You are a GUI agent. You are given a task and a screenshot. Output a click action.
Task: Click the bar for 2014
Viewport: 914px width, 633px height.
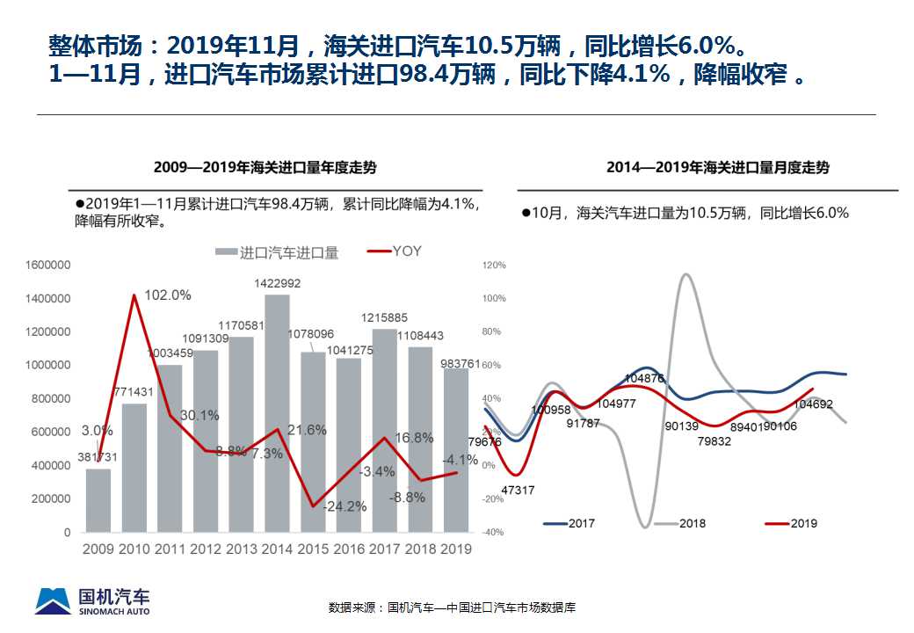[277, 413]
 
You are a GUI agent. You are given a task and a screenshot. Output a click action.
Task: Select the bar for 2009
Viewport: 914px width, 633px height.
[98, 500]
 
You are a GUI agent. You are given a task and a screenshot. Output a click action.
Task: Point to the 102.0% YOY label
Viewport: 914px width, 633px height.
[167, 295]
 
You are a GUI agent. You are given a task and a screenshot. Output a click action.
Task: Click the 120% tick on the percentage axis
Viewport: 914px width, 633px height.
[495, 265]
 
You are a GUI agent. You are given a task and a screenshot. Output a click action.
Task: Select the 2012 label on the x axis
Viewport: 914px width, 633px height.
[207, 549]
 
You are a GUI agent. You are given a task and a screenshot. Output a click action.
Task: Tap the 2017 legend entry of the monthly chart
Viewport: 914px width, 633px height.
[569, 523]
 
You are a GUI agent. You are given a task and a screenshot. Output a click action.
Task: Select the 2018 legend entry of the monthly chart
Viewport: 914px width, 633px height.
[679, 523]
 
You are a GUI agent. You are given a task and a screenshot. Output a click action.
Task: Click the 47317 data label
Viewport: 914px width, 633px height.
[518, 490]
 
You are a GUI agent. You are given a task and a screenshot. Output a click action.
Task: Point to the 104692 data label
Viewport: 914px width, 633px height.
[814, 404]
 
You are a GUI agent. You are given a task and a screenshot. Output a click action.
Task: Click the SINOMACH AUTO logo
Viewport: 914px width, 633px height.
[92, 600]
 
